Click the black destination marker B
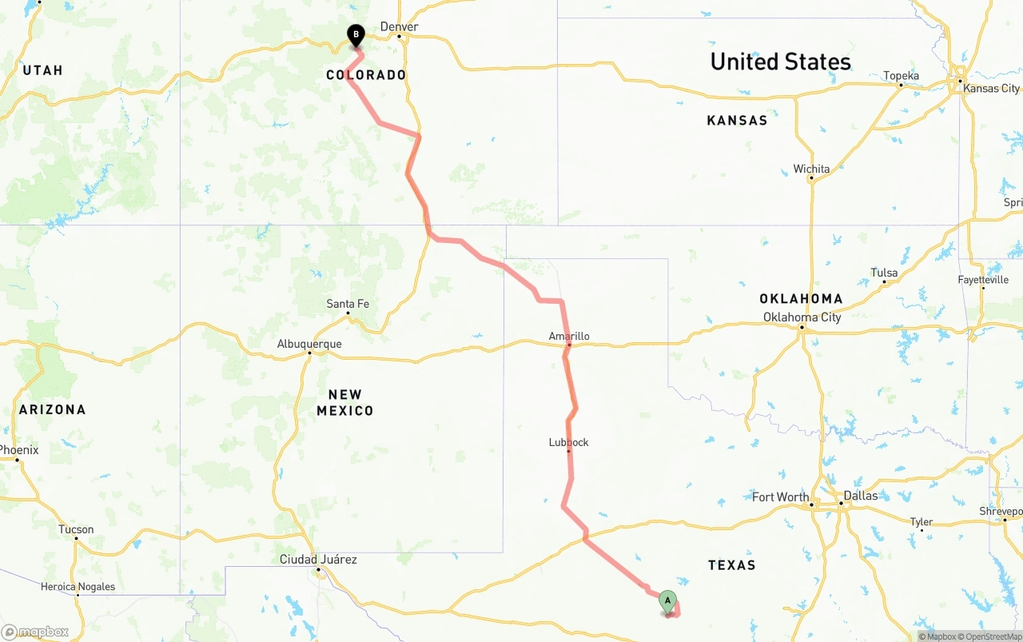pos(356,35)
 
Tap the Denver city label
pos(399,27)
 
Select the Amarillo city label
pos(569,337)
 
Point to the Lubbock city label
pos(569,442)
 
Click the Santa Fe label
pos(348,304)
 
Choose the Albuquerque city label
pos(309,345)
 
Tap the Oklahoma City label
pos(802,317)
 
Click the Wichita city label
pos(811,169)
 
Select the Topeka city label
pos(901,76)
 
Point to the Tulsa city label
pos(884,273)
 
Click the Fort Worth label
pos(781,497)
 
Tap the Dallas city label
pos(861,496)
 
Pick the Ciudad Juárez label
pos(318,560)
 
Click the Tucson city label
pos(76,529)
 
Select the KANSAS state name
pos(737,121)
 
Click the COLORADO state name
pos(366,75)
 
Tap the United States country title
pos(780,62)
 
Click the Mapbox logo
pos(35,632)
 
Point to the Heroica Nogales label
pos(78,587)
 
